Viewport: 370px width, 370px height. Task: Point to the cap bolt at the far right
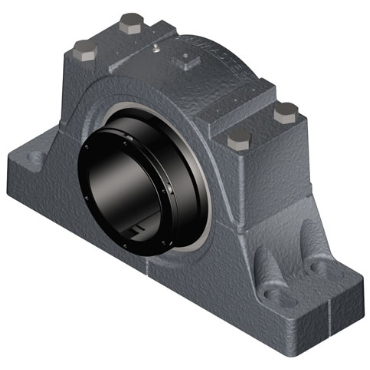click(285, 110)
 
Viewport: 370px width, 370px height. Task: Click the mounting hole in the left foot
click(37, 156)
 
